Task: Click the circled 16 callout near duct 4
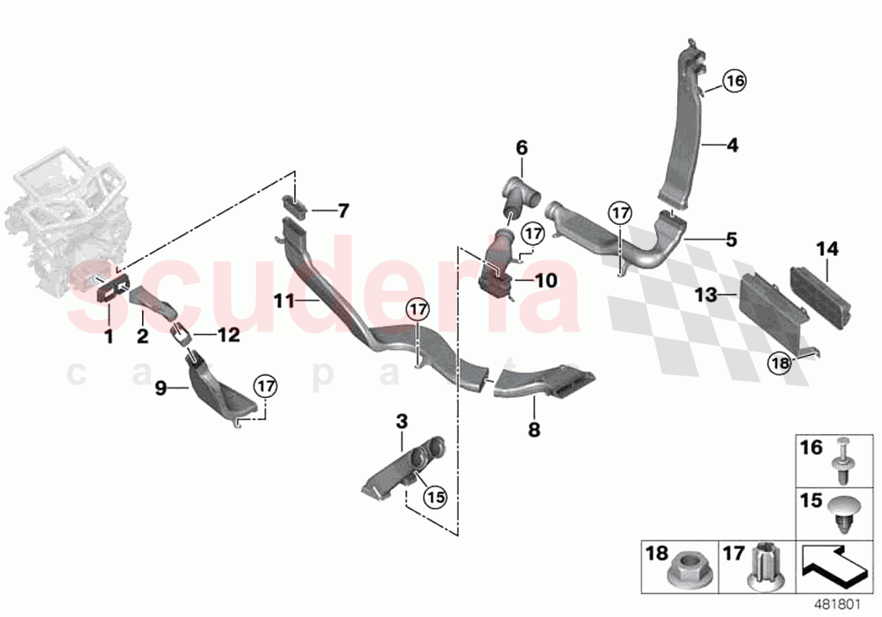pos(734,81)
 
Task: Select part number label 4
pos(732,145)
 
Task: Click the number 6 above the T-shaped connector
pos(522,149)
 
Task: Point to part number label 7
pos(343,212)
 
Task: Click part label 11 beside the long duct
pos(284,301)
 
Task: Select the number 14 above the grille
pos(827,249)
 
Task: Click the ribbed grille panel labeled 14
pos(819,297)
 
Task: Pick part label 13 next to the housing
pos(706,295)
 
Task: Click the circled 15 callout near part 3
pos(435,496)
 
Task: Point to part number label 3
pos(402,421)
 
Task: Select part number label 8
pos(533,430)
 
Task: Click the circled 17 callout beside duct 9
pos(265,386)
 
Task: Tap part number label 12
pos(229,336)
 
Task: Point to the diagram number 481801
pos(838,604)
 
